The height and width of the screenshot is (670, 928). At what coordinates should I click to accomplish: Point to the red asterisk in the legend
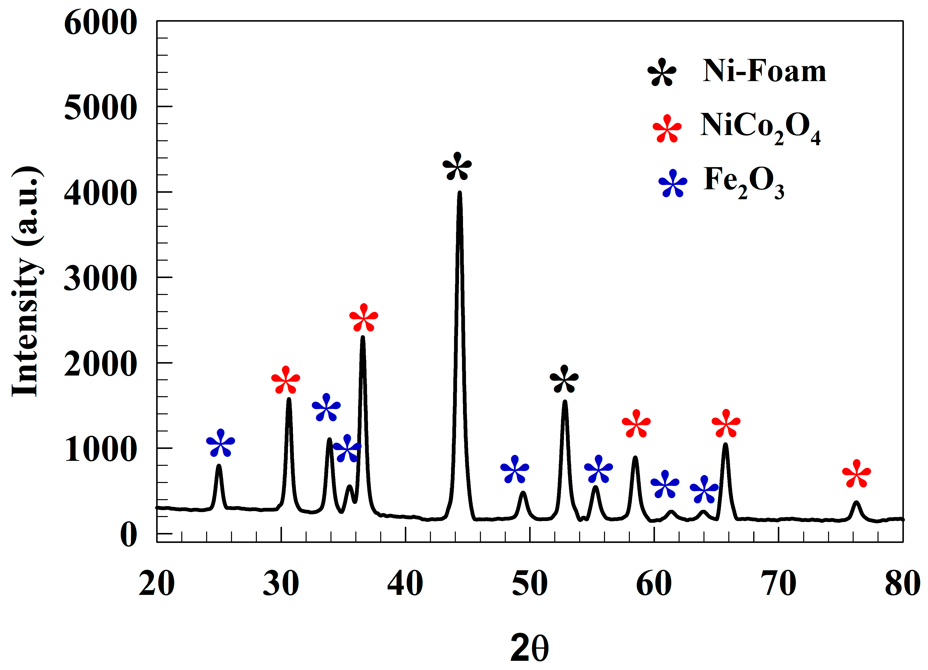(x=667, y=129)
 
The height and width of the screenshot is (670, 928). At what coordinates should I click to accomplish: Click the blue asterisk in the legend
(x=673, y=183)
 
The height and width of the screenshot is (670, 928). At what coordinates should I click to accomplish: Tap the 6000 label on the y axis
(x=100, y=23)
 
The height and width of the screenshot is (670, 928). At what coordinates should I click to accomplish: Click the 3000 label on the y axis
(x=100, y=278)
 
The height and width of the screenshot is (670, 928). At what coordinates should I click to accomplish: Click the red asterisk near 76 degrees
(x=856, y=474)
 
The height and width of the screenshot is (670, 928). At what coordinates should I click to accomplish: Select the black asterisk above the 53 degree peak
(x=564, y=380)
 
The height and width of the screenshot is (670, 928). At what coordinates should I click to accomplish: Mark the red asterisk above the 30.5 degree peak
(x=286, y=380)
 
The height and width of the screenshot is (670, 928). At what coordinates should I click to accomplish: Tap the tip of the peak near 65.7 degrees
(x=725, y=444)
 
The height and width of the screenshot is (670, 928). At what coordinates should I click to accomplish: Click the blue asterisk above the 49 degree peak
(x=515, y=470)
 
